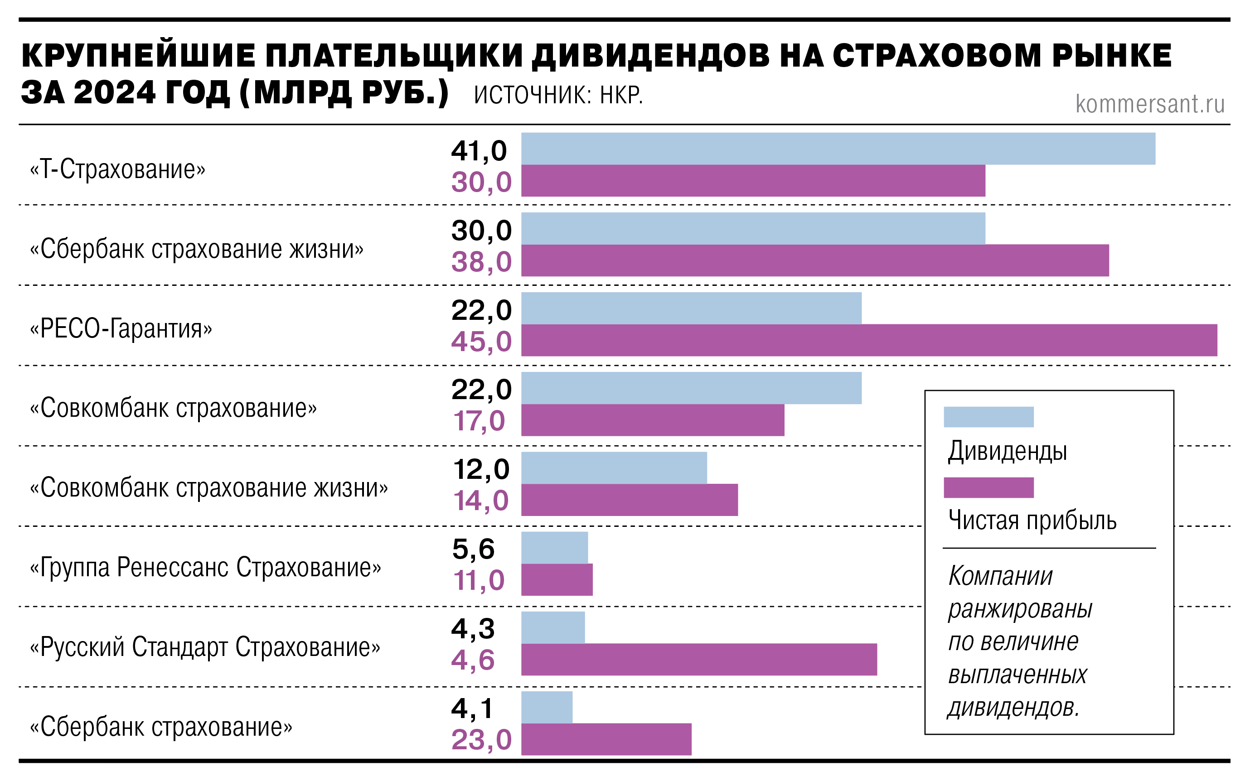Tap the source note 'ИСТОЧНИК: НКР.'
point(558,96)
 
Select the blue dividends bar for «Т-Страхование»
point(838,149)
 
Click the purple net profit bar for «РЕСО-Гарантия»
point(869,340)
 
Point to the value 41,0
point(479,151)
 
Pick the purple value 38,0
point(481,262)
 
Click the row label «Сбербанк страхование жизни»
point(197,250)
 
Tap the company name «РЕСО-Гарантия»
point(121,329)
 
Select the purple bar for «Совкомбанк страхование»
point(652,420)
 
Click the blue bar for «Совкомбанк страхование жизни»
point(614,468)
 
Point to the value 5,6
point(473,549)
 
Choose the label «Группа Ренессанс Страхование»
point(206,567)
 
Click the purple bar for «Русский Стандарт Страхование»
point(698,660)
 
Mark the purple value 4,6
point(473,660)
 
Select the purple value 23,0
point(481,740)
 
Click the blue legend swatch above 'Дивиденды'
point(988,417)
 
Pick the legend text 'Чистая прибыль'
point(1032,521)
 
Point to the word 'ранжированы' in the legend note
point(1019,609)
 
